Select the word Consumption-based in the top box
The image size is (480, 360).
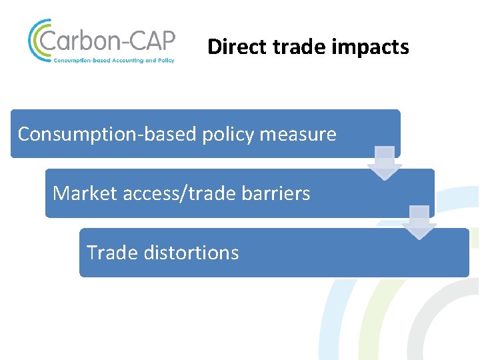click(107, 134)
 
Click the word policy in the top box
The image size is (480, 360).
click(227, 134)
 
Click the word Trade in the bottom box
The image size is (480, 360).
click(110, 253)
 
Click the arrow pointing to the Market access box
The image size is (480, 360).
click(385, 163)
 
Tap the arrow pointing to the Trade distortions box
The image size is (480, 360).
click(419, 223)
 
